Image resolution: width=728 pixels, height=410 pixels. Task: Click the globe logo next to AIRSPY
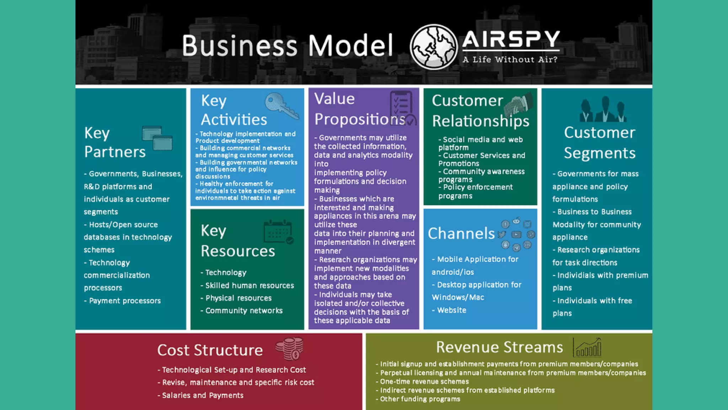tap(433, 47)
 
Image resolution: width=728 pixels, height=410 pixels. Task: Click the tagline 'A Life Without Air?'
tap(510, 60)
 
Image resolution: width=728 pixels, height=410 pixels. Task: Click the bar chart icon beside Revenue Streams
tap(587, 348)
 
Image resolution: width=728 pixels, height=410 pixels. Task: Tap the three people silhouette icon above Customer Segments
tap(603, 110)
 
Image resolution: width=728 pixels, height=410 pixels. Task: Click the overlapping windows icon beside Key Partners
tap(157, 138)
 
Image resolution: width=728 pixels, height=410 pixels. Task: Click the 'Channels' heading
tap(461, 233)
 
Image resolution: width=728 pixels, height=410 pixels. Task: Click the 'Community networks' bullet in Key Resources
tap(244, 311)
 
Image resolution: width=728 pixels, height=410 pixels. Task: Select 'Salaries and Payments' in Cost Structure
tap(203, 395)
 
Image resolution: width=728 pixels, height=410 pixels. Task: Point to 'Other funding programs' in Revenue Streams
tap(420, 399)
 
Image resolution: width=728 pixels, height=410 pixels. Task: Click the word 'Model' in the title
tap(350, 46)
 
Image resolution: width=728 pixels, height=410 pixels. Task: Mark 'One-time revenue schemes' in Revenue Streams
tap(424, 382)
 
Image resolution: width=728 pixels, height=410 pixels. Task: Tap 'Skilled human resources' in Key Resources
tap(250, 285)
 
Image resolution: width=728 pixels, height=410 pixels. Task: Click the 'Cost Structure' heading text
tap(210, 350)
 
